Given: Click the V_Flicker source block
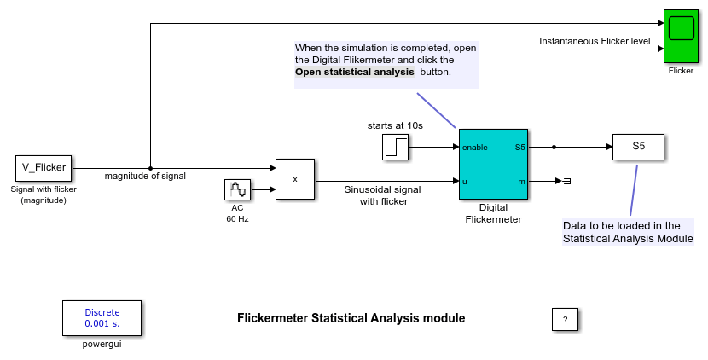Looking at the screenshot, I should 44,168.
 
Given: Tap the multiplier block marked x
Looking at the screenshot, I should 294,179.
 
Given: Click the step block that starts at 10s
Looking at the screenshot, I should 396,148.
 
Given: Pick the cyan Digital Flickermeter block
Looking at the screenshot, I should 494,164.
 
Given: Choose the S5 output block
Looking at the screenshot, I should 638,147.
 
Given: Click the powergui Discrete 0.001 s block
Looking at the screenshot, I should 102,318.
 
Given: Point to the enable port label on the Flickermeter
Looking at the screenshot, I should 474,148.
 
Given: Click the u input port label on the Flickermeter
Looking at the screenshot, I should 465,181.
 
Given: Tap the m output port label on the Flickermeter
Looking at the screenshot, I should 522,181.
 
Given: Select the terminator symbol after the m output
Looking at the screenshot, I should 566,181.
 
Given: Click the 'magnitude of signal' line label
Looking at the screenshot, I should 145,177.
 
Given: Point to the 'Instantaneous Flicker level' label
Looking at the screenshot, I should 595,41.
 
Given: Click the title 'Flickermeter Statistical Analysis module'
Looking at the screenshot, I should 351,318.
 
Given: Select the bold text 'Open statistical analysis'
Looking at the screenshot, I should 355,73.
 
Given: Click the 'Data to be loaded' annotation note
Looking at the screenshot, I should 628,232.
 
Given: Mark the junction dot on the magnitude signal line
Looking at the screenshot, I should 150,168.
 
